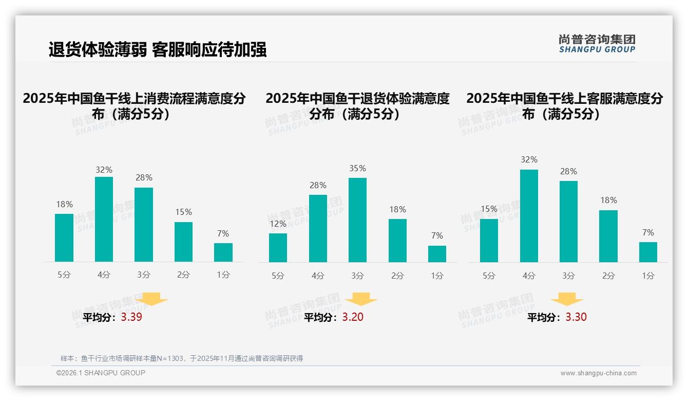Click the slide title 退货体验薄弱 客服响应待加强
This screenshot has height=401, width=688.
coord(158,50)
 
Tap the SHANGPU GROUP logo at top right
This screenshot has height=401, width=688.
coord(597,44)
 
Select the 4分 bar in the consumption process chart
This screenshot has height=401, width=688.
coord(104,219)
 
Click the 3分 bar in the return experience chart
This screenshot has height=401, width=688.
coord(357,220)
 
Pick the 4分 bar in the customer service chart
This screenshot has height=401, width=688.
coord(529,216)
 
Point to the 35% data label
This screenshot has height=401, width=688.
coord(357,168)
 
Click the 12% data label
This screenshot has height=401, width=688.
coord(278,224)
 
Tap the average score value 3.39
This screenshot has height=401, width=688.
coord(131,317)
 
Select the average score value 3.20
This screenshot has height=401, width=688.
coord(353,317)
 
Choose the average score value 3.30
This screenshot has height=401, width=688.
coord(576,317)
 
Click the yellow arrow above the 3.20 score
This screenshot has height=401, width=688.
coord(361,299)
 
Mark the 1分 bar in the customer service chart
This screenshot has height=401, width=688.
coord(648,252)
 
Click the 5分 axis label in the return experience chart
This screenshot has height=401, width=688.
coord(278,276)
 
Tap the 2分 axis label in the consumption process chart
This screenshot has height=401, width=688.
coord(183,275)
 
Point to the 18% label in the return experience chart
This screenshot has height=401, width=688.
coord(397,209)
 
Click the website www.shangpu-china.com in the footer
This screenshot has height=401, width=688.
coord(598,373)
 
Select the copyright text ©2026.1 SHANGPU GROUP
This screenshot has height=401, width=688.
coord(101,373)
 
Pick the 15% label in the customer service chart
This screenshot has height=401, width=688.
coord(489,209)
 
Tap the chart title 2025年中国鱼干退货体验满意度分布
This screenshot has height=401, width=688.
coord(357,106)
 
